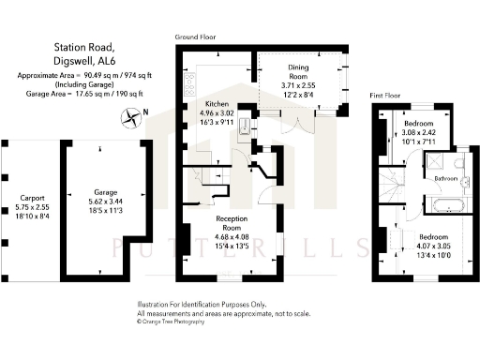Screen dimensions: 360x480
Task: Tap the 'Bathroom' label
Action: click(445, 178)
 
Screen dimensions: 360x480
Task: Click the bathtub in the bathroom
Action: click(441, 204)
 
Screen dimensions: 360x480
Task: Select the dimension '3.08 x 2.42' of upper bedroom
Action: click(419, 134)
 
